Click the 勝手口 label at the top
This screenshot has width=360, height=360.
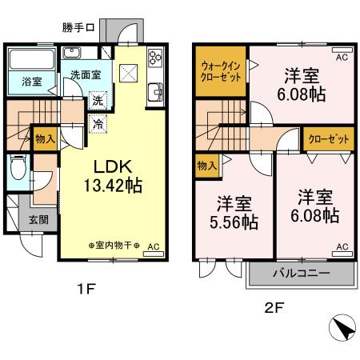(x=78, y=26)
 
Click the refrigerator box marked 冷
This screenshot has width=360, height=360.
(x=96, y=124)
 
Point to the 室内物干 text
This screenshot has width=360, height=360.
(x=114, y=245)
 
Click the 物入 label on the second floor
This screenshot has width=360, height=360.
(x=204, y=166)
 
